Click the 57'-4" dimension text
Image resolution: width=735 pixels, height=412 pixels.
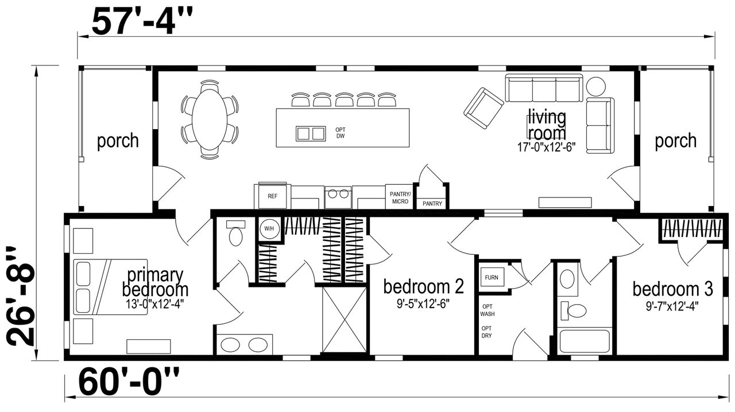click(142, 21)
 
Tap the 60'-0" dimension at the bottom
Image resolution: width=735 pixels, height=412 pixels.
click(129, 383)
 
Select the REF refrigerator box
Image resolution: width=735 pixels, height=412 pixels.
click(272, 196)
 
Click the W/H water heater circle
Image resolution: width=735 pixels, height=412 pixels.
click(269, 228)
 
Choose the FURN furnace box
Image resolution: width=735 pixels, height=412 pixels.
click(492, 278)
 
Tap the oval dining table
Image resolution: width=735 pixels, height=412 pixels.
click(210, 120)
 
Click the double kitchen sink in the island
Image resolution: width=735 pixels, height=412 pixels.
click(311, 134)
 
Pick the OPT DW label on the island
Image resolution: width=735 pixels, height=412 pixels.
click(341, 133)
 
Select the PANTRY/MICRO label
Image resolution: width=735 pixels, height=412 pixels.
click(400, 198)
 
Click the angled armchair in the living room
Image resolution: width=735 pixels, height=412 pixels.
click(483, 108)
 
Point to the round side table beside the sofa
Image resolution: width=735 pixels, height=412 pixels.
click(595, 86)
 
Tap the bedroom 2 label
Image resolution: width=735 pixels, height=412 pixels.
click(424, 286)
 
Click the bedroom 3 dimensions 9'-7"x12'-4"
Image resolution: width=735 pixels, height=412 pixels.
click(672, 306)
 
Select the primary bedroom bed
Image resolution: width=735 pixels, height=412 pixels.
click(110, 287)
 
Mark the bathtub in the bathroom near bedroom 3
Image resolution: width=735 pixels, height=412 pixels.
click(585, 341)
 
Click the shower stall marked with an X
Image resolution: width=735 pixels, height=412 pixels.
click(344, 320)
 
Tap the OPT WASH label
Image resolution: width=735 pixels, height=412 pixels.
click(488, 310)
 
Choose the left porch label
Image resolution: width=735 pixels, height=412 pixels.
click(118, 141)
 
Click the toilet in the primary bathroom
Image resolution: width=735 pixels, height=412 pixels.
click(235, 233)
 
